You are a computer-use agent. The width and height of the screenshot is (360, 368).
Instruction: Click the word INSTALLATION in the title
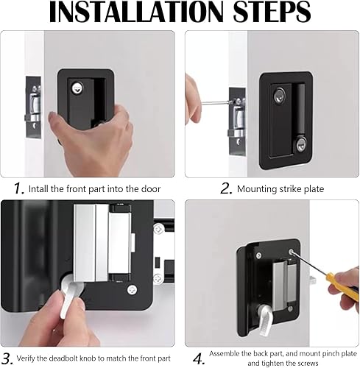(x=136, y=12)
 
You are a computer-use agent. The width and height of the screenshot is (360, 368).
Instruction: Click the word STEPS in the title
(x=272, y=12)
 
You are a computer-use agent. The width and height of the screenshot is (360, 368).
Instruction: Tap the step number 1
(x=18, y=188)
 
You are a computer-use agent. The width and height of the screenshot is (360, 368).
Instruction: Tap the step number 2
(x=226, y=188)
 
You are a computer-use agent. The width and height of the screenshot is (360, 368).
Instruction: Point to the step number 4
(x=199, y=359)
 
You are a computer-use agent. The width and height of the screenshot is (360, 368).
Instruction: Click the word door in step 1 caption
(x=151, y=189)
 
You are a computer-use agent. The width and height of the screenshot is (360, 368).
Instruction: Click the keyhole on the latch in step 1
(x=77, y=88)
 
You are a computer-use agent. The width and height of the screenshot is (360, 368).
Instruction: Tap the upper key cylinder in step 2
(x=280, y=95)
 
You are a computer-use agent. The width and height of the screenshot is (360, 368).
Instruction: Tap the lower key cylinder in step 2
(x=301, y=145)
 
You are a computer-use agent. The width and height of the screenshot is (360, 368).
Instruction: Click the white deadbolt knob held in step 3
(x=70, y=294)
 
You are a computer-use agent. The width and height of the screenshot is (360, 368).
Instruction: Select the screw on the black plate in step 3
(x=133, y=290)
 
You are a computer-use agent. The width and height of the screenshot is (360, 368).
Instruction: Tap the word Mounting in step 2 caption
(x=257, y=189)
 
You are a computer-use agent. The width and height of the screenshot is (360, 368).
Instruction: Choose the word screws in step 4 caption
(x=307, y=363)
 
